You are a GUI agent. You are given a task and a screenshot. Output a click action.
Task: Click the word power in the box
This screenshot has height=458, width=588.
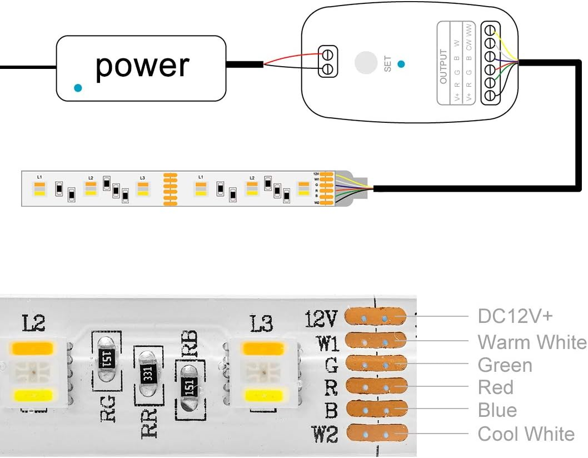click(142, 66)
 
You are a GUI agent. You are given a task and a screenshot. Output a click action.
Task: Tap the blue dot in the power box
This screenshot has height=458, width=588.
click(78, 88)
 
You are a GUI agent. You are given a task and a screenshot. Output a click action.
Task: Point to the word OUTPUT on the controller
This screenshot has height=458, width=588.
click(443, 67)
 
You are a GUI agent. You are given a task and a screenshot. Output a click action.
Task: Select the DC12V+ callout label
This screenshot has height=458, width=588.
click(515, 316)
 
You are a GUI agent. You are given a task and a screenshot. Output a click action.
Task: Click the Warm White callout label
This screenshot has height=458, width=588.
click(531, 342)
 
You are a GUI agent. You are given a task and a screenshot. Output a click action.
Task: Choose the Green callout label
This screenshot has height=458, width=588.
click(505, 365)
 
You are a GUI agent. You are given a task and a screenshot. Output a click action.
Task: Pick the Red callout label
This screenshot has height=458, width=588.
click(496, 387)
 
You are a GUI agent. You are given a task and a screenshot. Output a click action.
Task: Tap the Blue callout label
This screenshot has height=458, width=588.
click(497, 410)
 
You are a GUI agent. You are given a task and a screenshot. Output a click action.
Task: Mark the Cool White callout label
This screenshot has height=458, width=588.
click(526, 434)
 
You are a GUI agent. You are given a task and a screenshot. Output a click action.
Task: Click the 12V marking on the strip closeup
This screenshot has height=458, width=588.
click(321, 319)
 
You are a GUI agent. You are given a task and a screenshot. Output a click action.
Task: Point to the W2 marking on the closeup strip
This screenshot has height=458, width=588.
click(324, 434)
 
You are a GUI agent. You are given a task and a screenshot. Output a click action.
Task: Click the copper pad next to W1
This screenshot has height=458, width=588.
click(375, 340)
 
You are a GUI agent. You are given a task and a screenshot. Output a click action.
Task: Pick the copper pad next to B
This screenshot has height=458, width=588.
click(376, 410)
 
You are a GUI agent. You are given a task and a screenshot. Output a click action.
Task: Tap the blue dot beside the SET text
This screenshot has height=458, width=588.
click(401, 63)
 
